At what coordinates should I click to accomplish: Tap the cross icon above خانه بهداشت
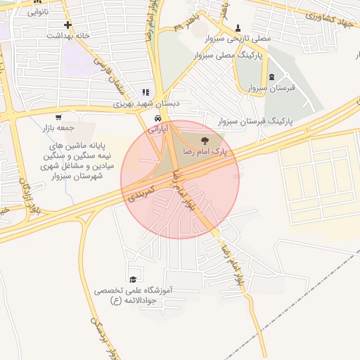[x=67, y=25]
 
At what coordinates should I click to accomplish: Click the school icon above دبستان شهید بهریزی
[x=146, y=92]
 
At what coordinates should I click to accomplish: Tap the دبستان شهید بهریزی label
[x=147, y=103]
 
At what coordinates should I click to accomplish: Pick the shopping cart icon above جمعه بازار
[x=58, y=117]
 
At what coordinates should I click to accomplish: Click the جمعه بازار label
[x=57, y=128]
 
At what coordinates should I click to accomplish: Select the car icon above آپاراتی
[x=159, y=119]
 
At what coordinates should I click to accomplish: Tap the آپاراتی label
[x=158, y=130]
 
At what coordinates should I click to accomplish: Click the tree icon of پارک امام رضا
[x=205, y=141]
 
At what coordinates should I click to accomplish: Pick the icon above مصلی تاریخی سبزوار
[x=238, y=29]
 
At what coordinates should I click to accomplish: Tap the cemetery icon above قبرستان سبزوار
[x=271, y=77]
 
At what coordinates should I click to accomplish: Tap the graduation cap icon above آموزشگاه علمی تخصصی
[x=133, y=279]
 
